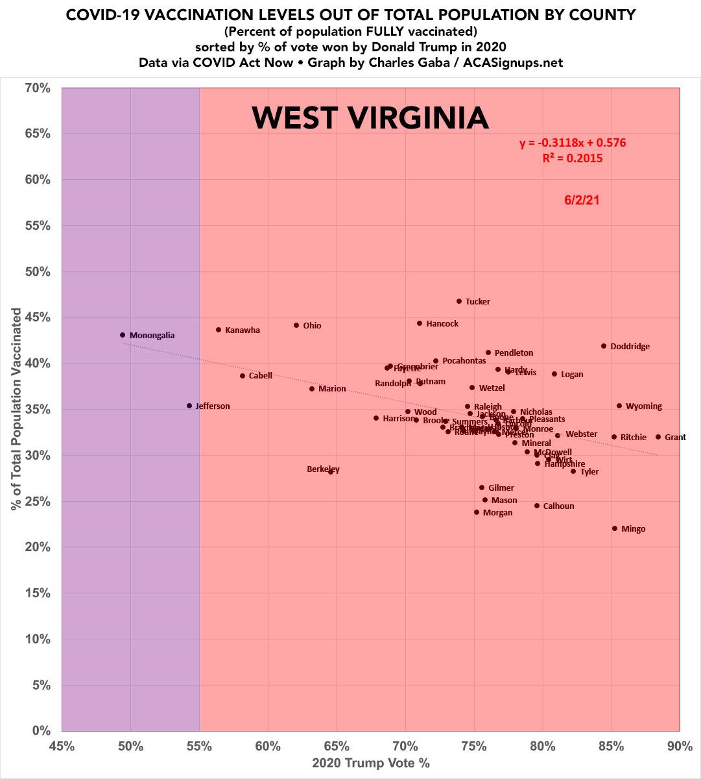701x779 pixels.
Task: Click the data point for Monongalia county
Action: click(x=123, y=335)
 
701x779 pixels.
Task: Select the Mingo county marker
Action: click(x=615, y=528)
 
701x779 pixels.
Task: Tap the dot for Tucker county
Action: click(x=459, y=301)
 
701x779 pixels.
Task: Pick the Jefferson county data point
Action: click(x=189, y=406)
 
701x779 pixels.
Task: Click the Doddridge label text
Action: click(x=630, y=347)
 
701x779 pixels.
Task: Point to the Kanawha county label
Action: click(x=243, y=330)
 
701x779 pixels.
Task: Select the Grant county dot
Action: click(x=658, y=437)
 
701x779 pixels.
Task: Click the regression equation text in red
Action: click(x=573, y=143)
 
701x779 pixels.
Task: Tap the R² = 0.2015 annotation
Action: click(x=573, y=158)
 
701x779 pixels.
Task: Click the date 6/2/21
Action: click(x=582, y=200)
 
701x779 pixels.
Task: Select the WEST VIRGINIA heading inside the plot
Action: click(x=370, y=117)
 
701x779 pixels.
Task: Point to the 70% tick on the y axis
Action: click(x=37, y=87)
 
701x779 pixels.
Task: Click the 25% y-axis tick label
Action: click(x=37, y=501)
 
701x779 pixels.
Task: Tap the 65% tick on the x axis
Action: click(x=337, y=746)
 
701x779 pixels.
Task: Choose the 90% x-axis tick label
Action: click(x=680, y=746)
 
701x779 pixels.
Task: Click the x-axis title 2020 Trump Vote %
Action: click(x=371, y=763)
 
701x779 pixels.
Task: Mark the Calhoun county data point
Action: click(x=537, y=506)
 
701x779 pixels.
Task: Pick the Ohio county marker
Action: click(x=296, y=325)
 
